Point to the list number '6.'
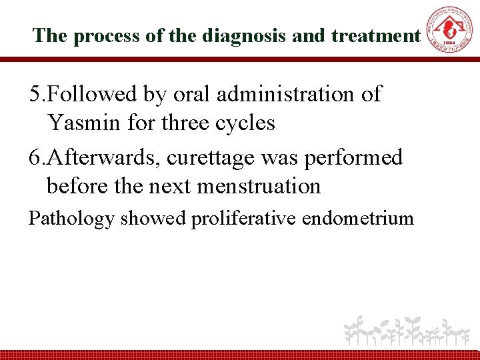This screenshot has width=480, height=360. [38, 157]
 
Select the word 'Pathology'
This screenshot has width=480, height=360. [71, 219]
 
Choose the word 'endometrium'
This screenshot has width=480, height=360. [358, 219]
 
